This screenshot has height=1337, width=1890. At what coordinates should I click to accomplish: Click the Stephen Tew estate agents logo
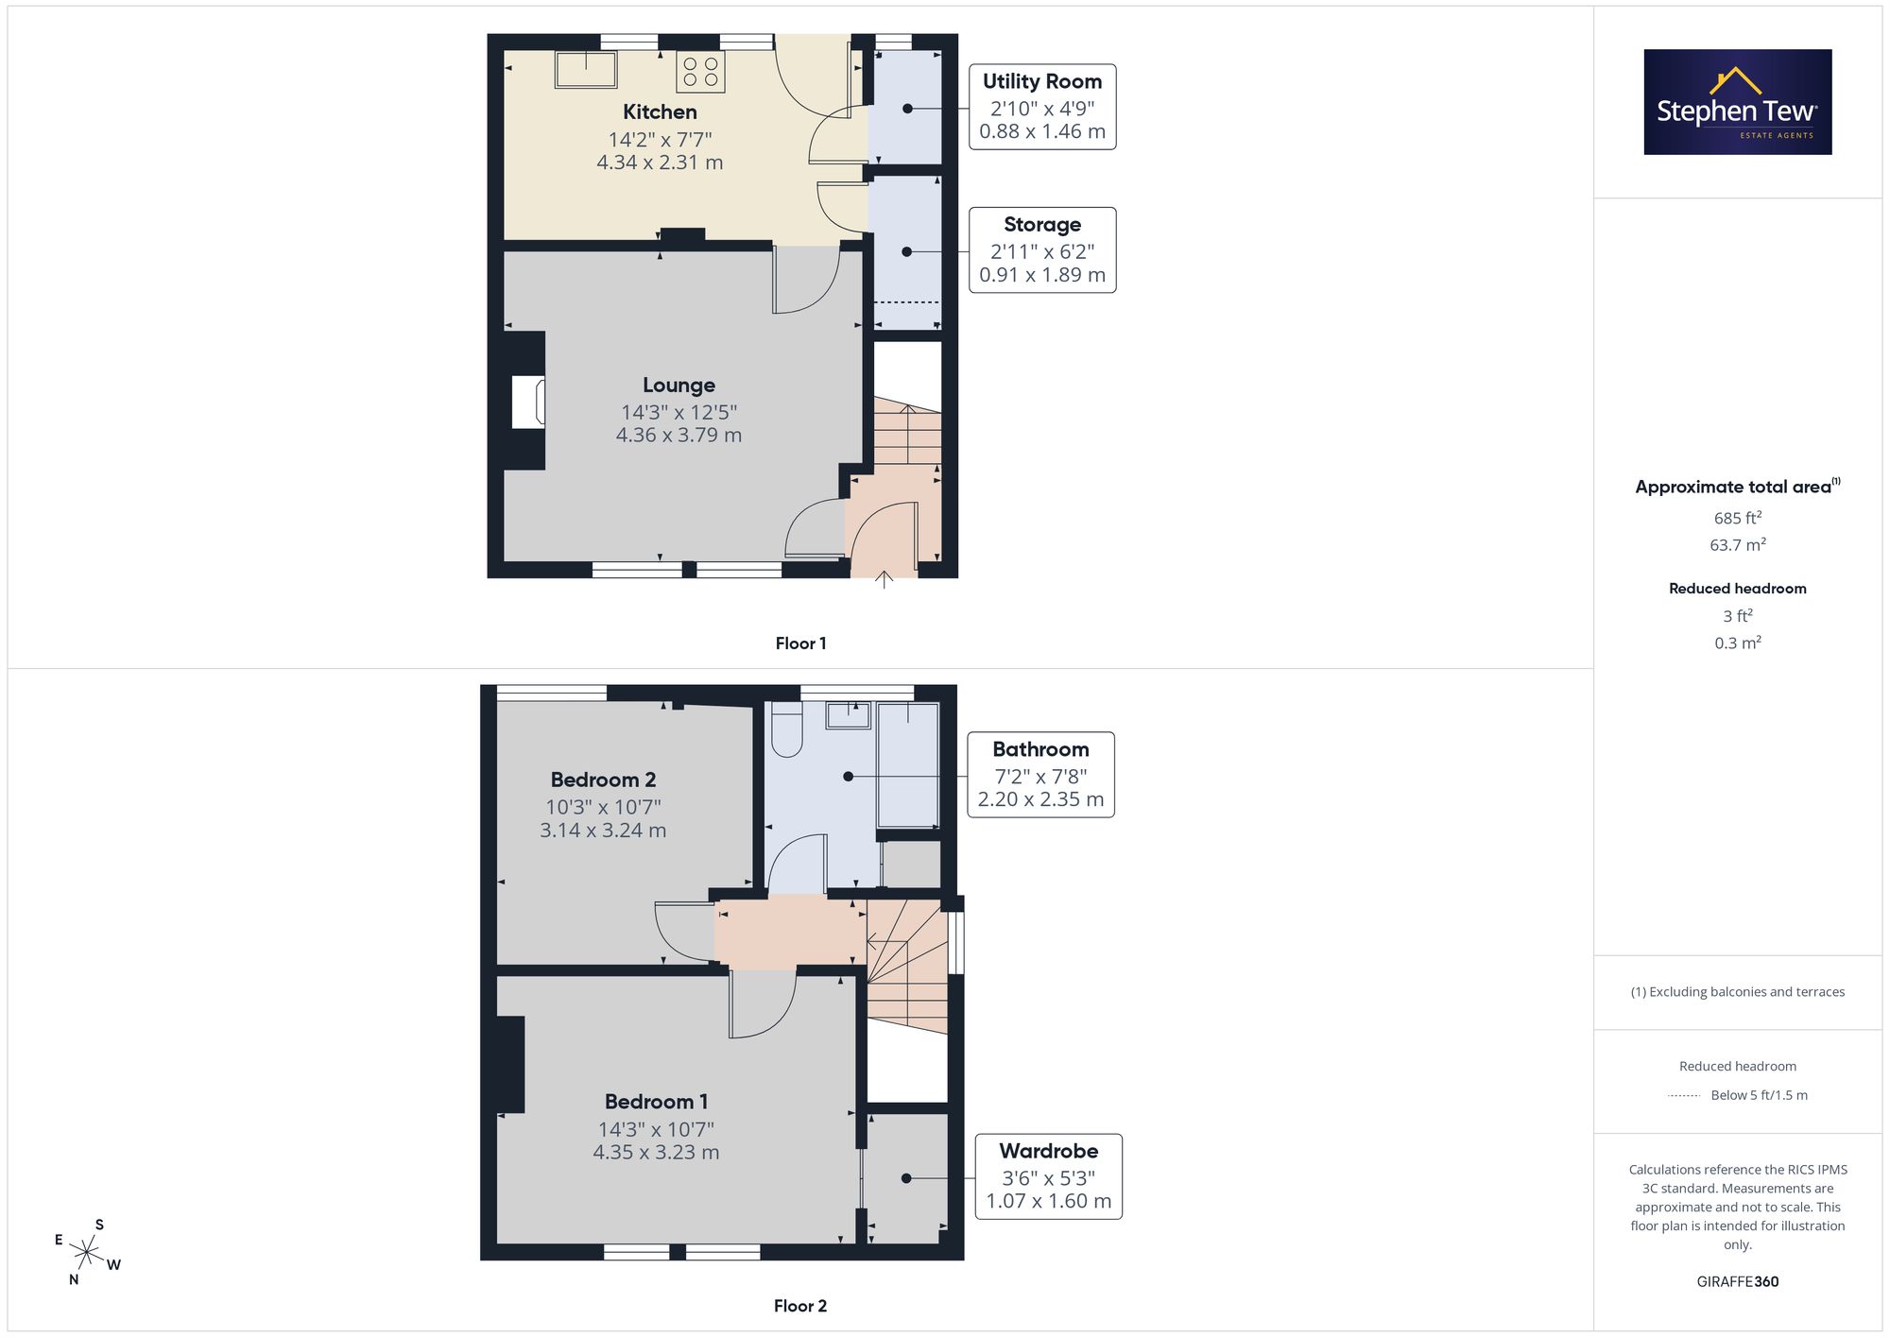click(1738, 102)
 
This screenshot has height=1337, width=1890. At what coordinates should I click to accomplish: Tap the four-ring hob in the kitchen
click(700, 72)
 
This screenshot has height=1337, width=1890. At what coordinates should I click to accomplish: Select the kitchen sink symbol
click(586, 69)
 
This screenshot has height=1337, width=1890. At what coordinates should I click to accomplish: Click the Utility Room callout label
click(1042, 107)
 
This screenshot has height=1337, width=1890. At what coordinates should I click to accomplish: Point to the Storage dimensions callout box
click(1042, 249)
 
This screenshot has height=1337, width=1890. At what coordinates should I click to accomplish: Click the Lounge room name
click(679, 386)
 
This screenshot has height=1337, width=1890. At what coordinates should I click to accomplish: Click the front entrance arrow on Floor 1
click(885, 579)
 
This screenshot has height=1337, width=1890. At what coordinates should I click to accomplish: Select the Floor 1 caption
click(800, 643)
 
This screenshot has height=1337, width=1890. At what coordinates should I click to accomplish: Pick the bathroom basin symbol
click(849, 715)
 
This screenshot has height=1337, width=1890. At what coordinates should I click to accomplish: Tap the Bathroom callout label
click(1040, 775)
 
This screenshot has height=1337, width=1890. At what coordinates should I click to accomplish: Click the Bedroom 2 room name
click(603, 780)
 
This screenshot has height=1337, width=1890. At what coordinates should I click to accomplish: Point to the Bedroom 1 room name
click(656, 1102)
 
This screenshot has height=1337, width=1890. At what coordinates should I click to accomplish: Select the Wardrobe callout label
click(1049, 1176)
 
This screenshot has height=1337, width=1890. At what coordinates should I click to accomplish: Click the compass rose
click(87, 1253)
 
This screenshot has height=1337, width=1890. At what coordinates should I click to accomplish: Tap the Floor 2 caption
click(800, 1306)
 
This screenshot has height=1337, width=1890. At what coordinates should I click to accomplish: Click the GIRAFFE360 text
click(1738, 1282)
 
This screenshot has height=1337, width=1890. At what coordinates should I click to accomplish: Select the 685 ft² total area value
click(1738, 518)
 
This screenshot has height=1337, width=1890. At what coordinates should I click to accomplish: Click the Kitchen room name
click(660, 112)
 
